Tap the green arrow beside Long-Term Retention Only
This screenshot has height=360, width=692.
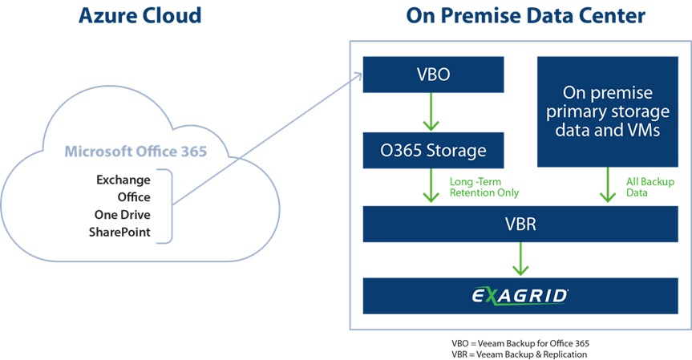(434, 187)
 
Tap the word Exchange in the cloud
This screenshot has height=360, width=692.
(123, 179)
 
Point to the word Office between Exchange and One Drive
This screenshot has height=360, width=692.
(134, 196)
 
